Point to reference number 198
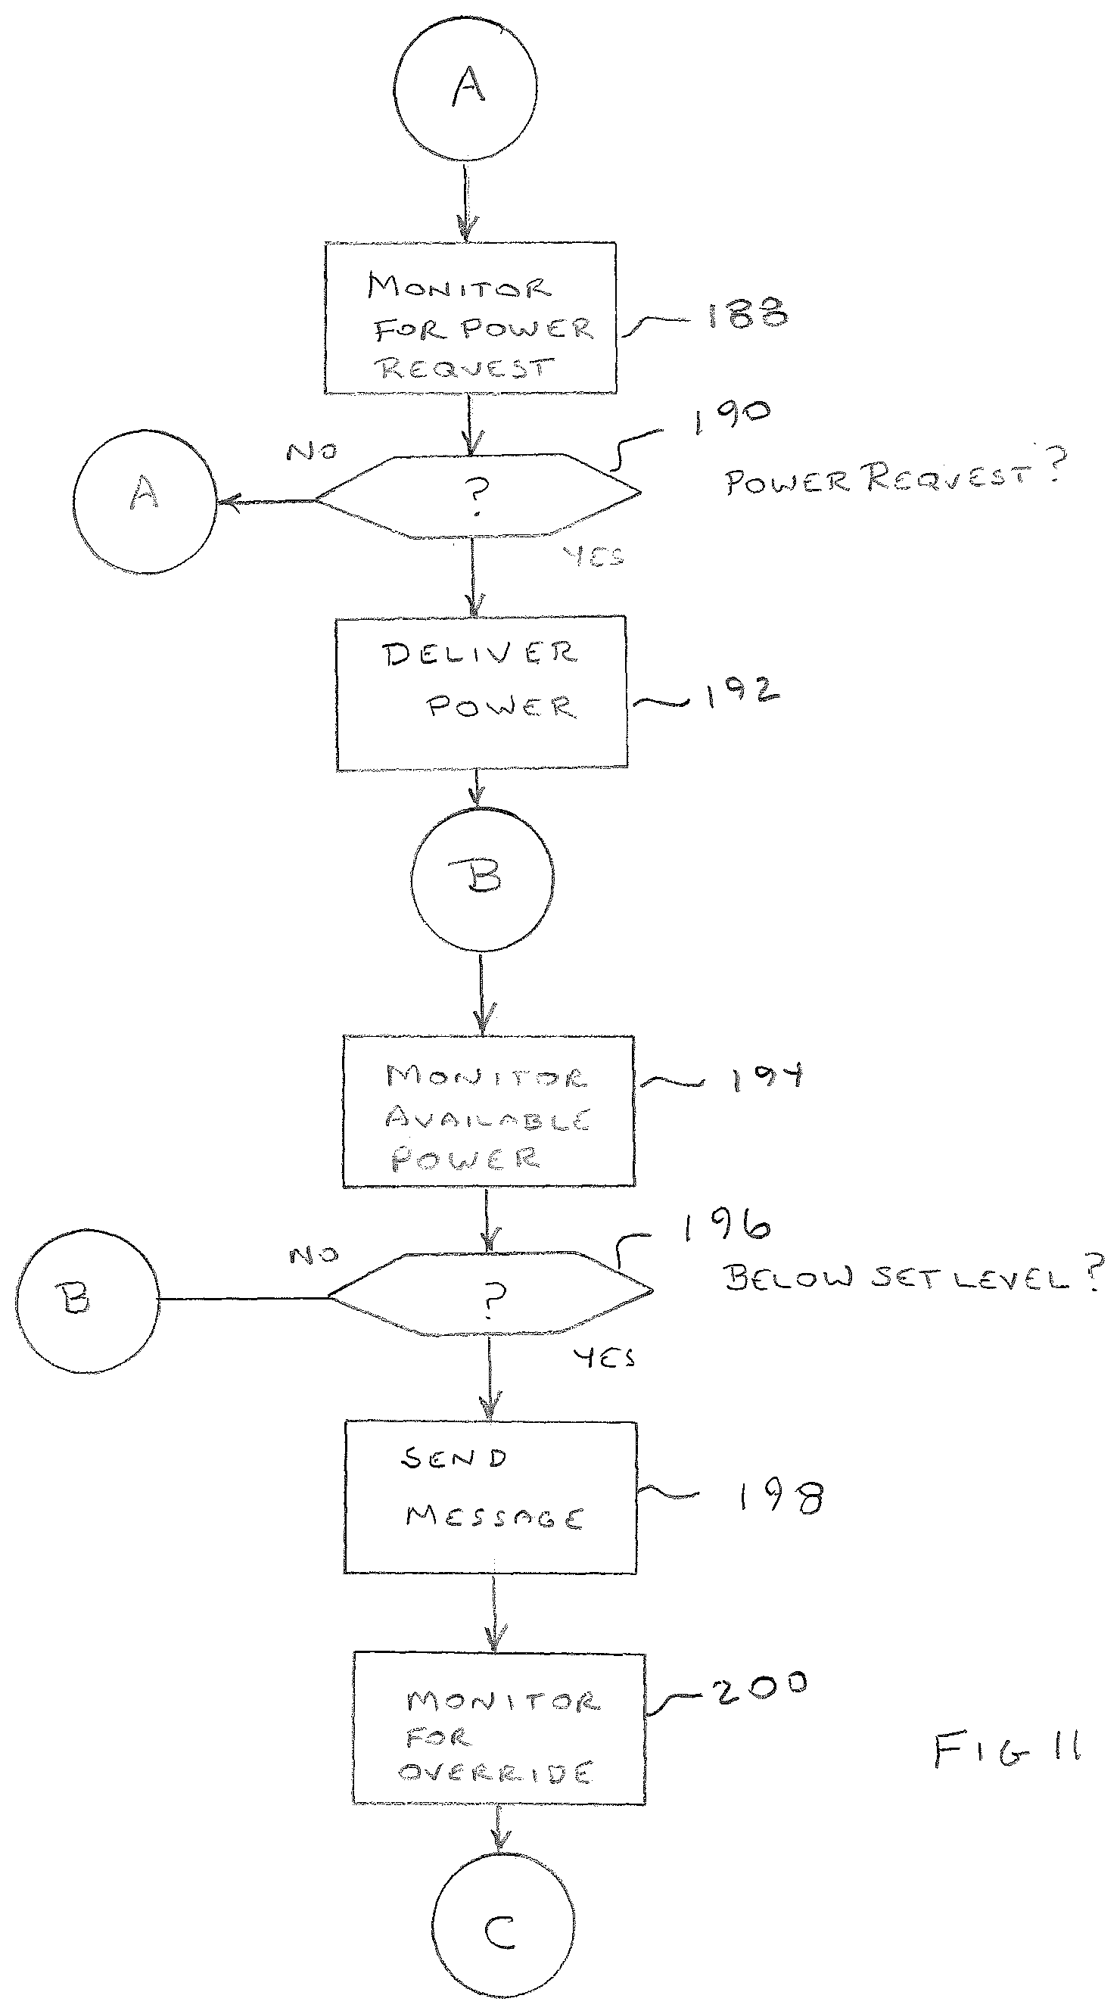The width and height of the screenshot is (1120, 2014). tap(780, 1496)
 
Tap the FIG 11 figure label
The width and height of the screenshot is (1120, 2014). tap(1007, 1747)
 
